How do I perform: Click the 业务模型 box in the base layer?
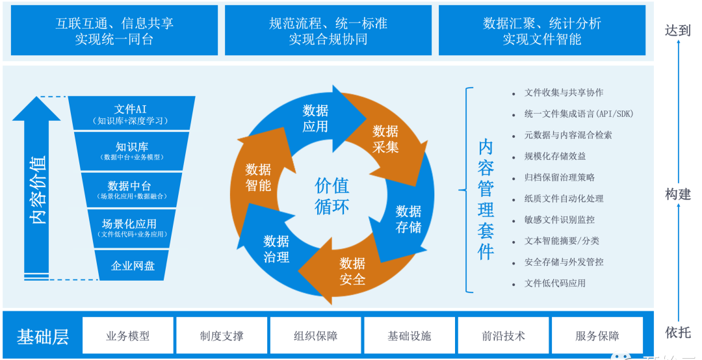coord(128,335)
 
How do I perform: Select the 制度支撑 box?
coord(222,335)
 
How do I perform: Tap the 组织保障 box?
coord(315,335)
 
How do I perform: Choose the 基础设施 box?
coord(409,335)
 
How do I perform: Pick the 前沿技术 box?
coord(503,335)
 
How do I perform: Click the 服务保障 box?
coord(597,335)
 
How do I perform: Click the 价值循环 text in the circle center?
coord(332,196)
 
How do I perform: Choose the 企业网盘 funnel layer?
coord(133,265)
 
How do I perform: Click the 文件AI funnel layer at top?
coord(131,114)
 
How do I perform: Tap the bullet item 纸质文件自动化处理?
coord(564,198)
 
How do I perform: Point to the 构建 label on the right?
coord(678,194)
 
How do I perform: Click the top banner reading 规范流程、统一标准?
coord(328,31)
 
